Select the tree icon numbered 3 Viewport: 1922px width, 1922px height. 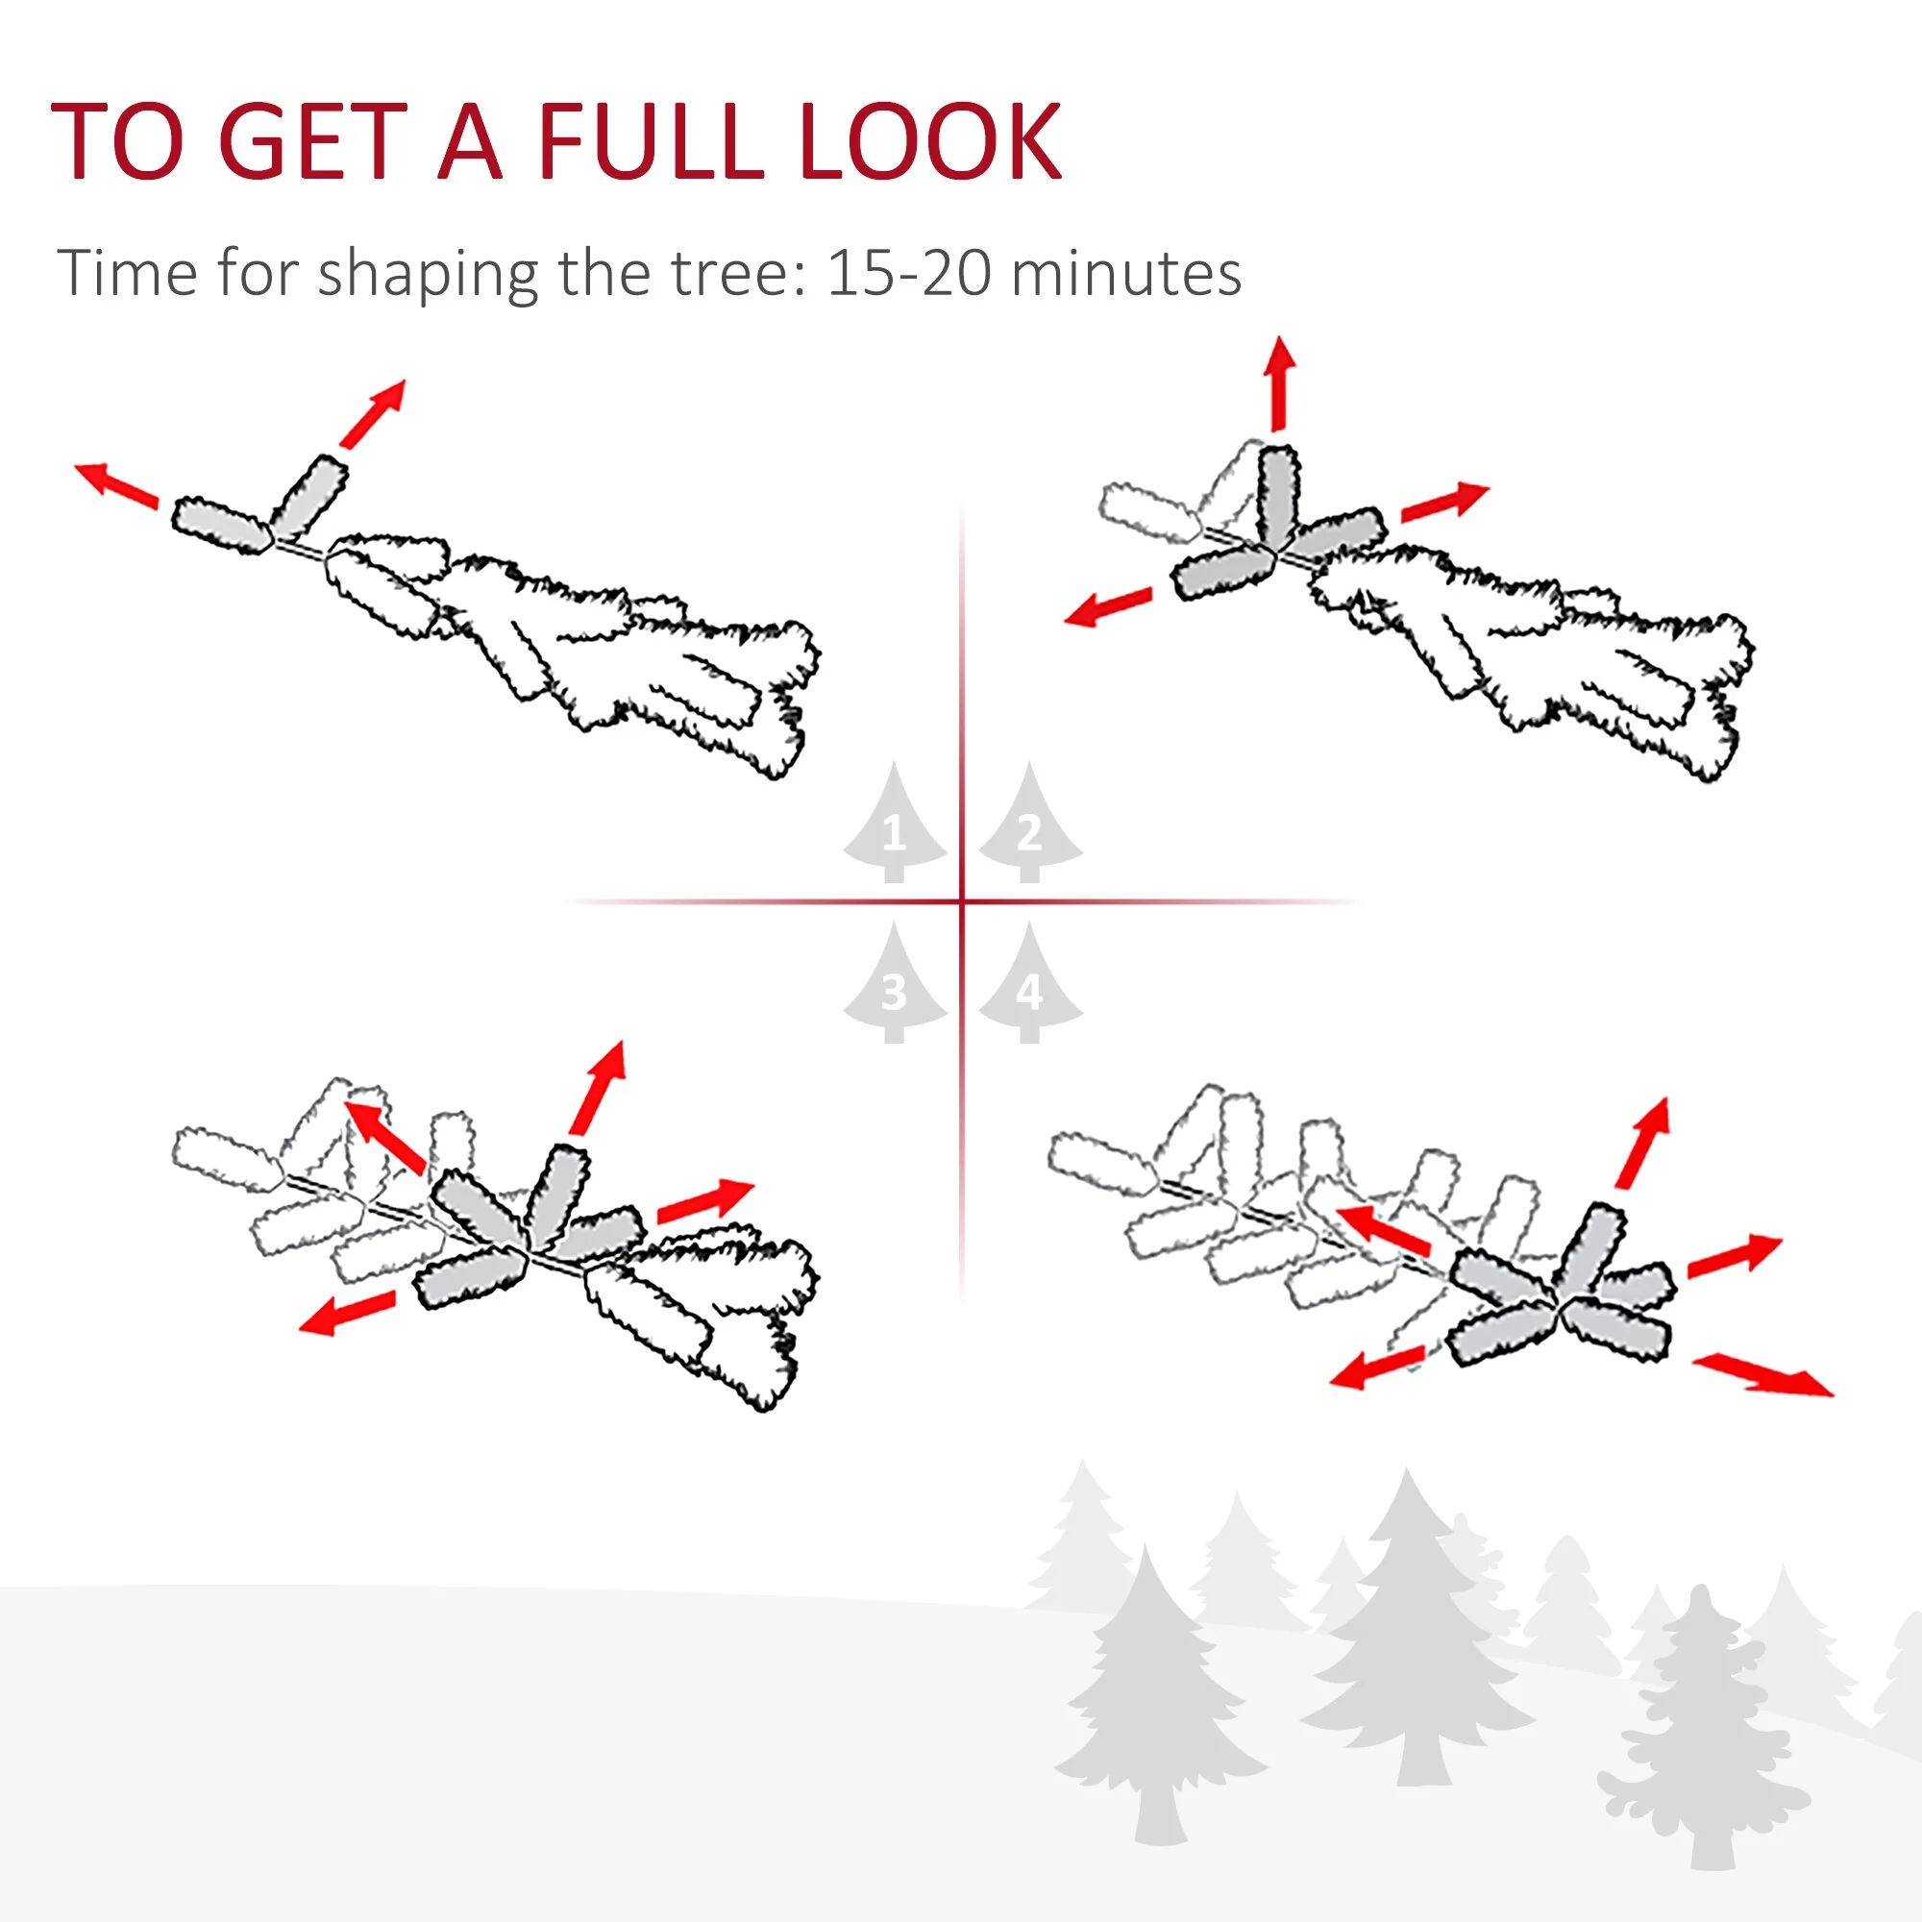tap(895, 988)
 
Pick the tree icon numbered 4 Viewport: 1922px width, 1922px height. tap(1029, 988)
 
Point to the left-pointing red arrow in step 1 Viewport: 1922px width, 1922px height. tap(117, 484)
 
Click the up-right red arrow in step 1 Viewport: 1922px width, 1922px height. tap(373, 412)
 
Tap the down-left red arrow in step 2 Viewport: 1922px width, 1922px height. tap(1107, 605)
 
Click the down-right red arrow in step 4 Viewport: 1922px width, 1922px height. tap(1762, 1376)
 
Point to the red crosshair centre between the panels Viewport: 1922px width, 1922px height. tap(962, 902)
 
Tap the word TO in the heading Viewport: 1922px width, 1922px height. tap(117, 142)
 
